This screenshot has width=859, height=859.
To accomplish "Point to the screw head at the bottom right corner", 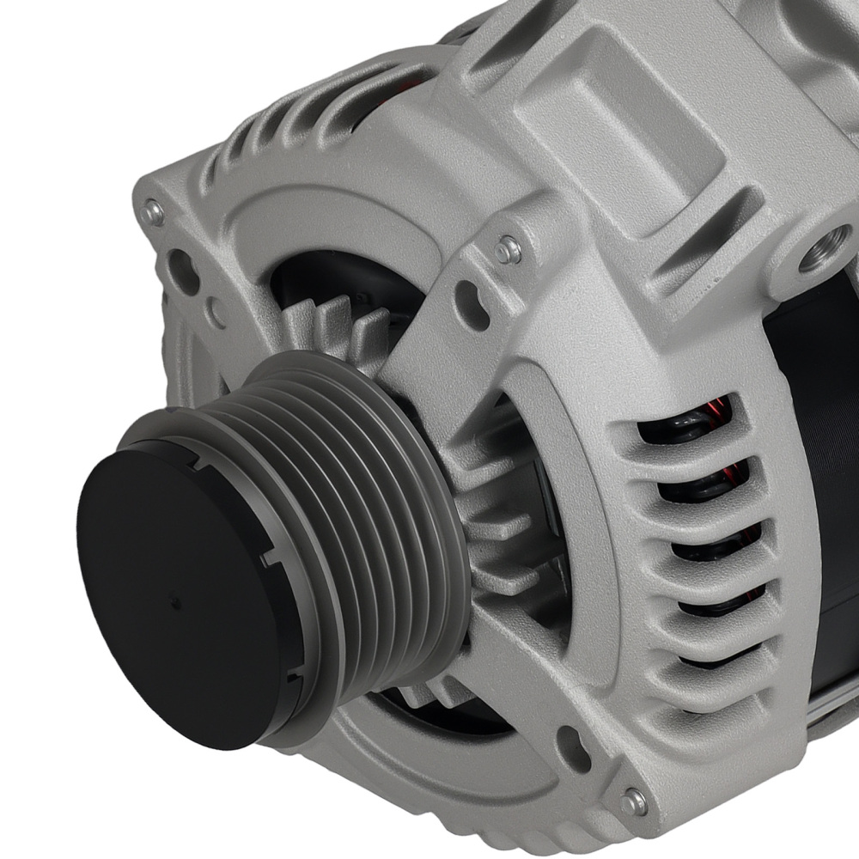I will click(x=634, y=801).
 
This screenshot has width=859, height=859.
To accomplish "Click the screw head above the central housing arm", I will click(x=509, y=250).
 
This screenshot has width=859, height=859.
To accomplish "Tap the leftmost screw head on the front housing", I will click(x=154, y=210).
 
